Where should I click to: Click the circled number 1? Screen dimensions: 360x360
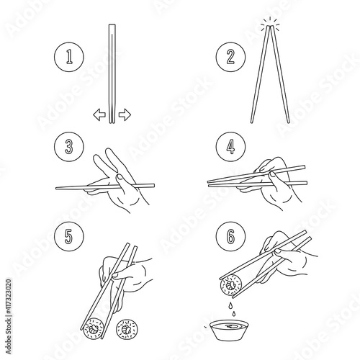(69, 57)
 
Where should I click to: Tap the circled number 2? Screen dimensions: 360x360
(230, 57)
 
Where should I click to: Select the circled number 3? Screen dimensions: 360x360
(69, 146)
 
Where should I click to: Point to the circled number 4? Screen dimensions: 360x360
(230, 146)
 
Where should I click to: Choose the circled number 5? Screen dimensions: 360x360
(69, 236)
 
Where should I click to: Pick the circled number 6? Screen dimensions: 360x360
(230, 236)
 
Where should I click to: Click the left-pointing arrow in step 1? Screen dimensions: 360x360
(99, 114)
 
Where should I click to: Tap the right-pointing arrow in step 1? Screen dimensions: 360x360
(125, 114)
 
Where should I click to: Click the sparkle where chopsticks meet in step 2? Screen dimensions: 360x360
(271, 23)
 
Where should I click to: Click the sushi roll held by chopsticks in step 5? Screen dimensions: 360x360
(93, 328)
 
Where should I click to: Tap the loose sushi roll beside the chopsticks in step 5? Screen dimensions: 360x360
(127, 329)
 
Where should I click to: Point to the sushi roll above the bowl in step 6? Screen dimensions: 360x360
(230, 286)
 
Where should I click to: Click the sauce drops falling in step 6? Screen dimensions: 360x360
(232, 309)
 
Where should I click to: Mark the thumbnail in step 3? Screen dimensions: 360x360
(119, 178)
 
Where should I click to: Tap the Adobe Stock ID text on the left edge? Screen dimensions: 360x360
(9, 316)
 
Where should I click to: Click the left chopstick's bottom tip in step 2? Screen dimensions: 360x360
(252, 122)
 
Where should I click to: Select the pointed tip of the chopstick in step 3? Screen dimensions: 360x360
(57, 189)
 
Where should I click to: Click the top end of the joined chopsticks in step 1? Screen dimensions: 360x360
(112, 24)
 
